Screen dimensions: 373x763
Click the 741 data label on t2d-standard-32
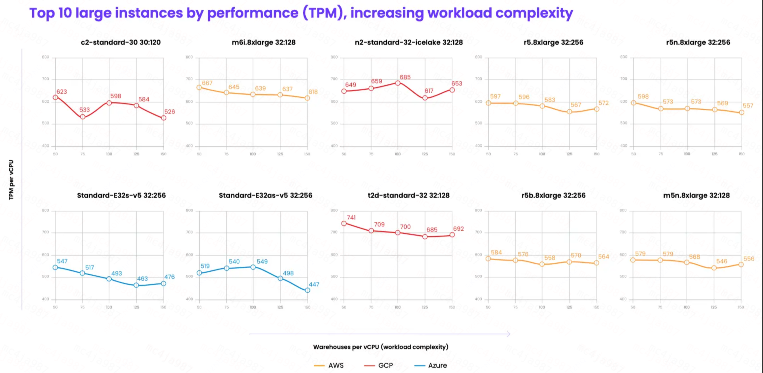point(351,218)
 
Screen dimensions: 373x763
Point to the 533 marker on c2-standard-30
point(83,117)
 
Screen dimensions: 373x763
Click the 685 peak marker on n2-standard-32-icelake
point(398,83)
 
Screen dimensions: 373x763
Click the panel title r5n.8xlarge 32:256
point(698,43)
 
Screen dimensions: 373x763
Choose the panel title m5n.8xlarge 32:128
point(696,195)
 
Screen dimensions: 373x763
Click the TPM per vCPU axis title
point(11,180)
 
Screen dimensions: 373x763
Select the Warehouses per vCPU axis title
point(381,347)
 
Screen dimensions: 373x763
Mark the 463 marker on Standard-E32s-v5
point(136,285)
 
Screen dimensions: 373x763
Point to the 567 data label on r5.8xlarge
point(576,105)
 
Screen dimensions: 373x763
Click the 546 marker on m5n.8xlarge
point(714,268)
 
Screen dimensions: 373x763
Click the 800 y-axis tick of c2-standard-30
point(45,57)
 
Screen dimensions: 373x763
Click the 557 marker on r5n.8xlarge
point(742,112)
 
